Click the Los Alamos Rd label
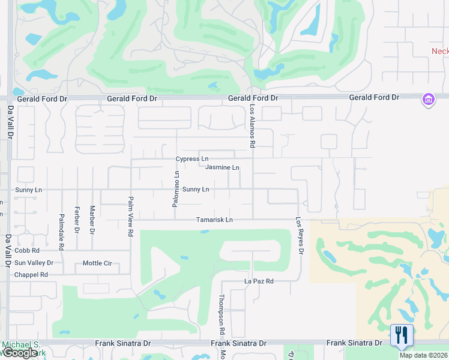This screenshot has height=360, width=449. (253, 125)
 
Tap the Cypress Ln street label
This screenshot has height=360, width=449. (191, 159)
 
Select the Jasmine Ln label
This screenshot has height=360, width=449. (222, 167)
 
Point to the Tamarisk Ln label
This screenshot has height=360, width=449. (214, 220)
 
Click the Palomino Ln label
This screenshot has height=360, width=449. (176, 190)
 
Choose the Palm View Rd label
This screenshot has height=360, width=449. (130, 217)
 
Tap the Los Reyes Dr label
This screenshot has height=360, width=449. (298, 235)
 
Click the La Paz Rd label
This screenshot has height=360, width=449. (259, 281)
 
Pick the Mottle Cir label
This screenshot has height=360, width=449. (97, 263)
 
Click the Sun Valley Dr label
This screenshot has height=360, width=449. (34, 263)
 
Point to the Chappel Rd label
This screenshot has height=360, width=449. (31, 274)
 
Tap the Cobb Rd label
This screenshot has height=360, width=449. (27, 250)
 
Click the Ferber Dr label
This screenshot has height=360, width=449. (77, 220)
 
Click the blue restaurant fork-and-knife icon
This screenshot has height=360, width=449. (402, 335)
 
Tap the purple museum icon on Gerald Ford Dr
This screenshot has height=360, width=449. (428, 99)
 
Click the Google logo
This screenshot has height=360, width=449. (20, 353)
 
